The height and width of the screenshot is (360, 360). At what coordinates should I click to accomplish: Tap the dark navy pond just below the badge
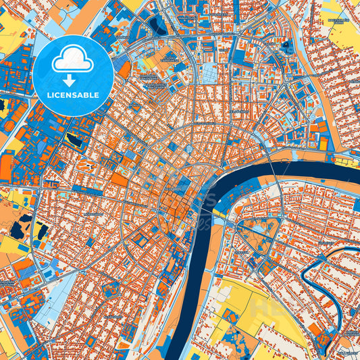click(74, 140)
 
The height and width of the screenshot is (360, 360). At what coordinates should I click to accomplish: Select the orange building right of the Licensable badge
click(124, 70)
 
